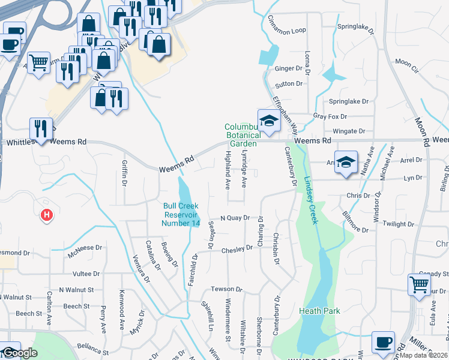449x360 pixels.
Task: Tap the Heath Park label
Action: click(x=320, y=311)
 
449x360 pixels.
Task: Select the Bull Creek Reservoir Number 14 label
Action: click(x=181, y=215)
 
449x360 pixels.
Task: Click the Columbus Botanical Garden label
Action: click(x=241, y=136)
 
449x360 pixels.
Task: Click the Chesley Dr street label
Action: click(x=237, y=249)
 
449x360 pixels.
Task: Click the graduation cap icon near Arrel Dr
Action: click(x=346, y=161)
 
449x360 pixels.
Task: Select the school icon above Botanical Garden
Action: click(x=269, y=120)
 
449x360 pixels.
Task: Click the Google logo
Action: click(x=19, y=353)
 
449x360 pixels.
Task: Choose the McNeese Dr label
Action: click(x=85, y=251)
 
